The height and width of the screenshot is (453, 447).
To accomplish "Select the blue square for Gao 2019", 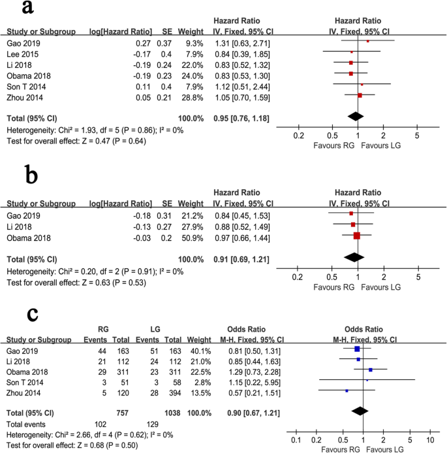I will (357, 349).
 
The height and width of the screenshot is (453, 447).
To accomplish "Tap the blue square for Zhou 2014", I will (347, 390).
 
